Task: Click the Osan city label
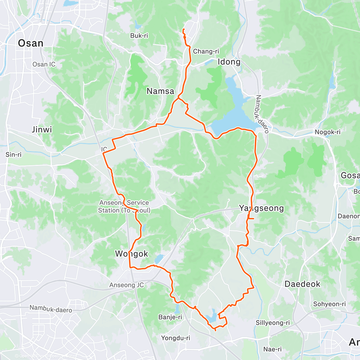31,43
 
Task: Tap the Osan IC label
44,64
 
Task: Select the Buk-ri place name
139,36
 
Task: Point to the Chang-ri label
206,51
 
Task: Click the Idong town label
229,62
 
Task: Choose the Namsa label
160,91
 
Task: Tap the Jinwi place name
42,130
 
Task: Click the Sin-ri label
13,154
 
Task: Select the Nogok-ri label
328,132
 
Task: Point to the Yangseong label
261,208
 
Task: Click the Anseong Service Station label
124,206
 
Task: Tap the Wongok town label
132,254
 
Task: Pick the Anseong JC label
127,285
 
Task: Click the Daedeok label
302,284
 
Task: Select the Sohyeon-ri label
329,304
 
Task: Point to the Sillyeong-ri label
273,323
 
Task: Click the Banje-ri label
170,317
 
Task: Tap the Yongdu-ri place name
175,338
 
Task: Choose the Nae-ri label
272,349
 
